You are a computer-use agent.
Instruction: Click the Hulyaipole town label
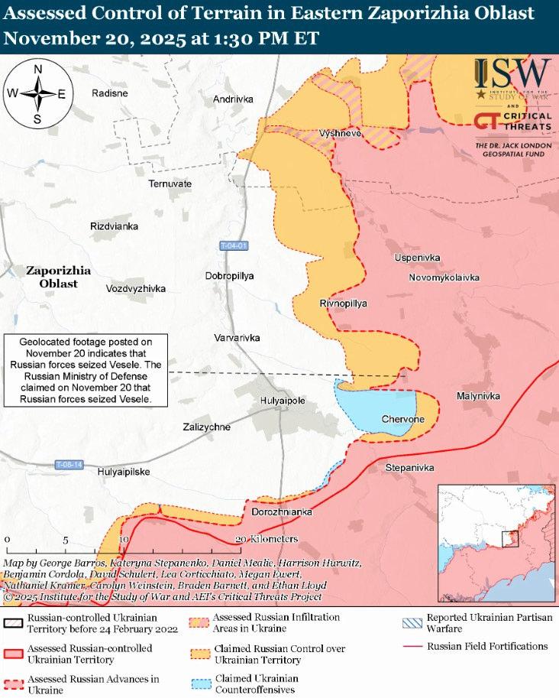pyautogui.click(x=283, y=401)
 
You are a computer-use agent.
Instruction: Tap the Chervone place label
pyautogui.click(x=402, y=420)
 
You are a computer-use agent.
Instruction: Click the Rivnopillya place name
pyautogui.click(x=343, y=304)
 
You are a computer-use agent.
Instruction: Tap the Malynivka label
pyautogui.click(x=478, y=396)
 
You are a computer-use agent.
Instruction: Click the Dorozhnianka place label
pyautogui.click(x=282, y=511)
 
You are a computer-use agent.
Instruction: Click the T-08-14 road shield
pyautogui.click(x=69, y=465)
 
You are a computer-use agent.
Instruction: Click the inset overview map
pyautogui.click(x=495, y=543)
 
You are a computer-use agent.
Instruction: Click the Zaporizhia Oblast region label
pyautogui.click(x=58, y=277)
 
